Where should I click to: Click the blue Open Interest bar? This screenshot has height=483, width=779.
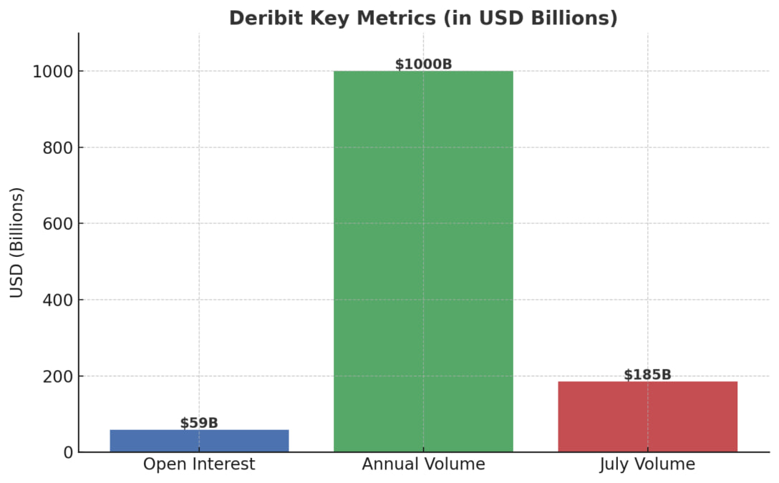pos(199,441)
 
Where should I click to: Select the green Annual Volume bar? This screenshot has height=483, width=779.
pos(423,261)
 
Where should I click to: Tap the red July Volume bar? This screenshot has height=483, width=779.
pos(647,416)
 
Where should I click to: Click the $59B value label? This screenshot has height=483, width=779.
pos(199,423)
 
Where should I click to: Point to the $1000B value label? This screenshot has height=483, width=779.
pos(423,64)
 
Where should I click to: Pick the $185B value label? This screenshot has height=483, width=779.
pos(647,375)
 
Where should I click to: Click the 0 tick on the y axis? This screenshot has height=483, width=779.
pos(67,452)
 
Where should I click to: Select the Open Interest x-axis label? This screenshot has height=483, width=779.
pos(199,464)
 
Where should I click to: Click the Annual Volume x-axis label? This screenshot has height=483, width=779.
pos(423,464)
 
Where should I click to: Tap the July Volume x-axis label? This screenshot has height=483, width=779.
pos(647,464)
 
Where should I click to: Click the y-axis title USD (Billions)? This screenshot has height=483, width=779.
pos(17,242)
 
